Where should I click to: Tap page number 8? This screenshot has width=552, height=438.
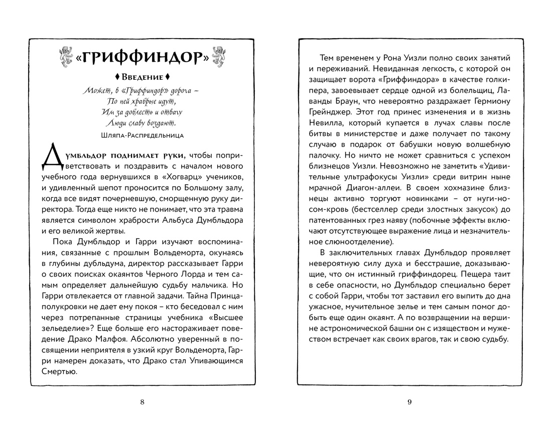[x=143, y=401]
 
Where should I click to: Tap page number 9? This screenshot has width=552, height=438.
[x=409, y=401]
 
